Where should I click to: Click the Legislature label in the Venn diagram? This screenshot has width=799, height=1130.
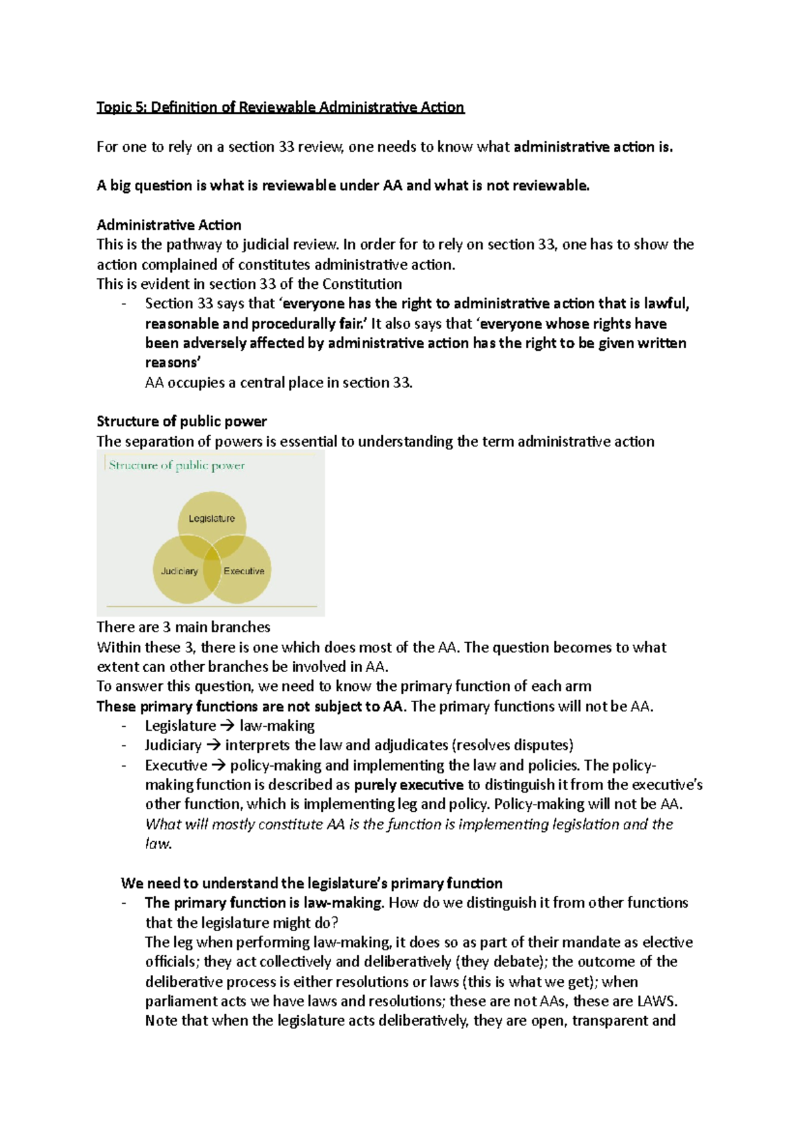[x=211, y=518]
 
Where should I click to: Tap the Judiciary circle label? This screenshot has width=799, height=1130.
[x=179, y=571]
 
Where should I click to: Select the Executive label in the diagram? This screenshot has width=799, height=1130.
[x=244, y=571]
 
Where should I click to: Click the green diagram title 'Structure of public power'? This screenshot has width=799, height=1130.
[x=176, y=465]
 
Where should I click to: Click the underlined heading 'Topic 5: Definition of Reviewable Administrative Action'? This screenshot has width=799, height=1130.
[x=280, y=107]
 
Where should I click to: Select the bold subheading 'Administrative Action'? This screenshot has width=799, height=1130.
[x=169, y=225]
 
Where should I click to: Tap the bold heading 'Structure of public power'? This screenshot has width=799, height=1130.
[x=182, y=421]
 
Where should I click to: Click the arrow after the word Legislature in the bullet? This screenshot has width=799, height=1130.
[x=227, y=726]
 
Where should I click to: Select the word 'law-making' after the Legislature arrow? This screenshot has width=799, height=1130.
[x=277, y=726]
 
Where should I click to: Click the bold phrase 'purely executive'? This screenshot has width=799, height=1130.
[x=408, y=785]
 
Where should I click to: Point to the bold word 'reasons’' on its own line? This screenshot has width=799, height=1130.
[x=172, y=363]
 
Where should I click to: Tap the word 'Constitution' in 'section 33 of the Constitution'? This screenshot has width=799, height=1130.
[x=362, y=284]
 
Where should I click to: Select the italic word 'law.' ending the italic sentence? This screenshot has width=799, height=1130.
[x=158, y=844]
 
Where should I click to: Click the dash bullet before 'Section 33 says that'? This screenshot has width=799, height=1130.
[x=124, y=304]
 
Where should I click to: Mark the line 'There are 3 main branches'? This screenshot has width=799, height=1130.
[x=183, y=627]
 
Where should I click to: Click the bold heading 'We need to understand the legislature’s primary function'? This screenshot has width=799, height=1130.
[x=312, y=883]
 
